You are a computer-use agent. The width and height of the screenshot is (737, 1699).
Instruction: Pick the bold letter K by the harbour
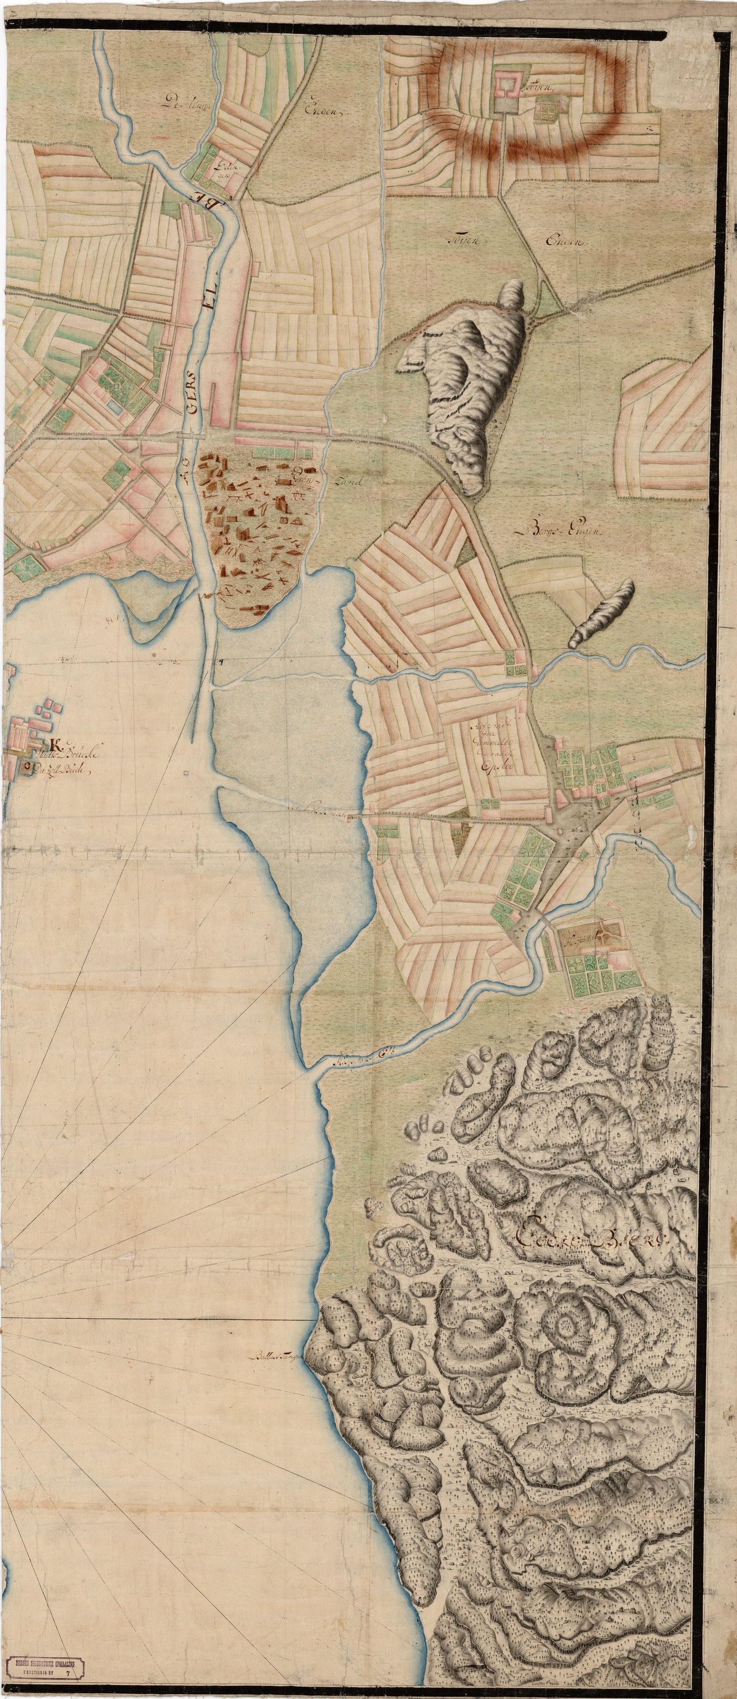click(x=54, y=746)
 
